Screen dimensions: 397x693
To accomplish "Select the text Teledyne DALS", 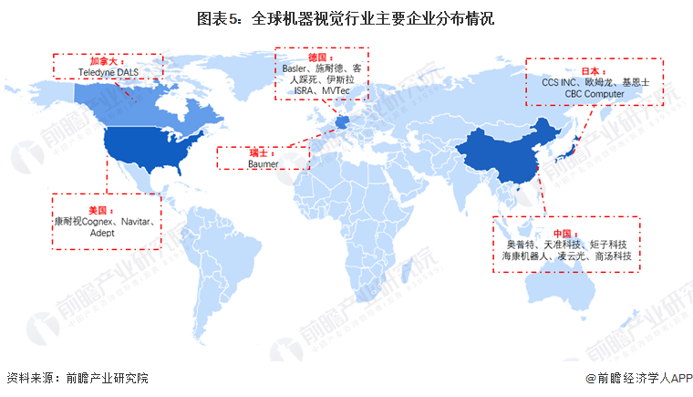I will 108,70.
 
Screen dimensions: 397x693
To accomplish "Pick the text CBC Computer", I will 594,93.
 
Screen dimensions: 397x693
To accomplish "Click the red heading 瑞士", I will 263,153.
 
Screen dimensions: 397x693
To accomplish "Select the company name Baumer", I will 263,164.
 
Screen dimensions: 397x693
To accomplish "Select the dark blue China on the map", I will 511,151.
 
